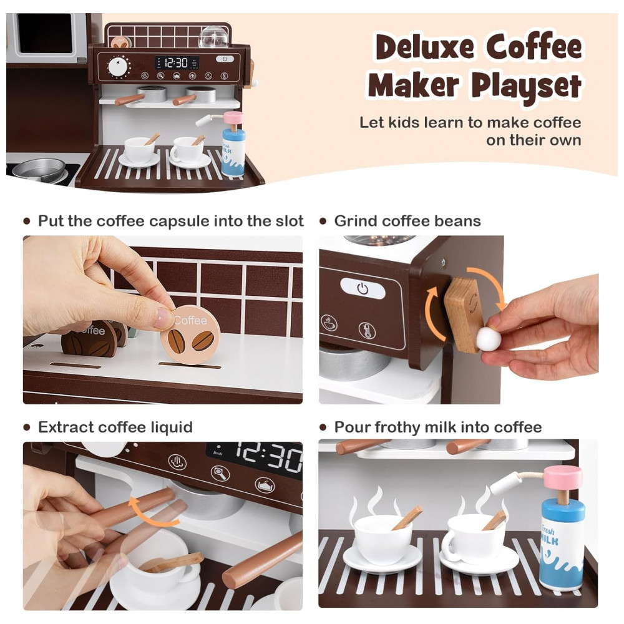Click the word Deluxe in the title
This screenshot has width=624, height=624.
[424, 47]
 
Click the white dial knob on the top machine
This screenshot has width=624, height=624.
[118, 67]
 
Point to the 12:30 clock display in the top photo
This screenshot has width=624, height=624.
[177, 62]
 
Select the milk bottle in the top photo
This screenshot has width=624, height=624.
[233, 144]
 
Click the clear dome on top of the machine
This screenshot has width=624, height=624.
[213, 37]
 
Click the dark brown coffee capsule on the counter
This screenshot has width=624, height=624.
[89, 339]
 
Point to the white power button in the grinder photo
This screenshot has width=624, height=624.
[363, 288]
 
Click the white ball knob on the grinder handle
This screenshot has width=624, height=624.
[489, 339]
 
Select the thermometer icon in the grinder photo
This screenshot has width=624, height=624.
[367, 330]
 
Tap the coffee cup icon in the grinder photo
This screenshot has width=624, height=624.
[329, 323]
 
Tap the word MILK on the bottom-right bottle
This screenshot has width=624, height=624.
[549, 540]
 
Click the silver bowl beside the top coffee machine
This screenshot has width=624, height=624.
[39, 170]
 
